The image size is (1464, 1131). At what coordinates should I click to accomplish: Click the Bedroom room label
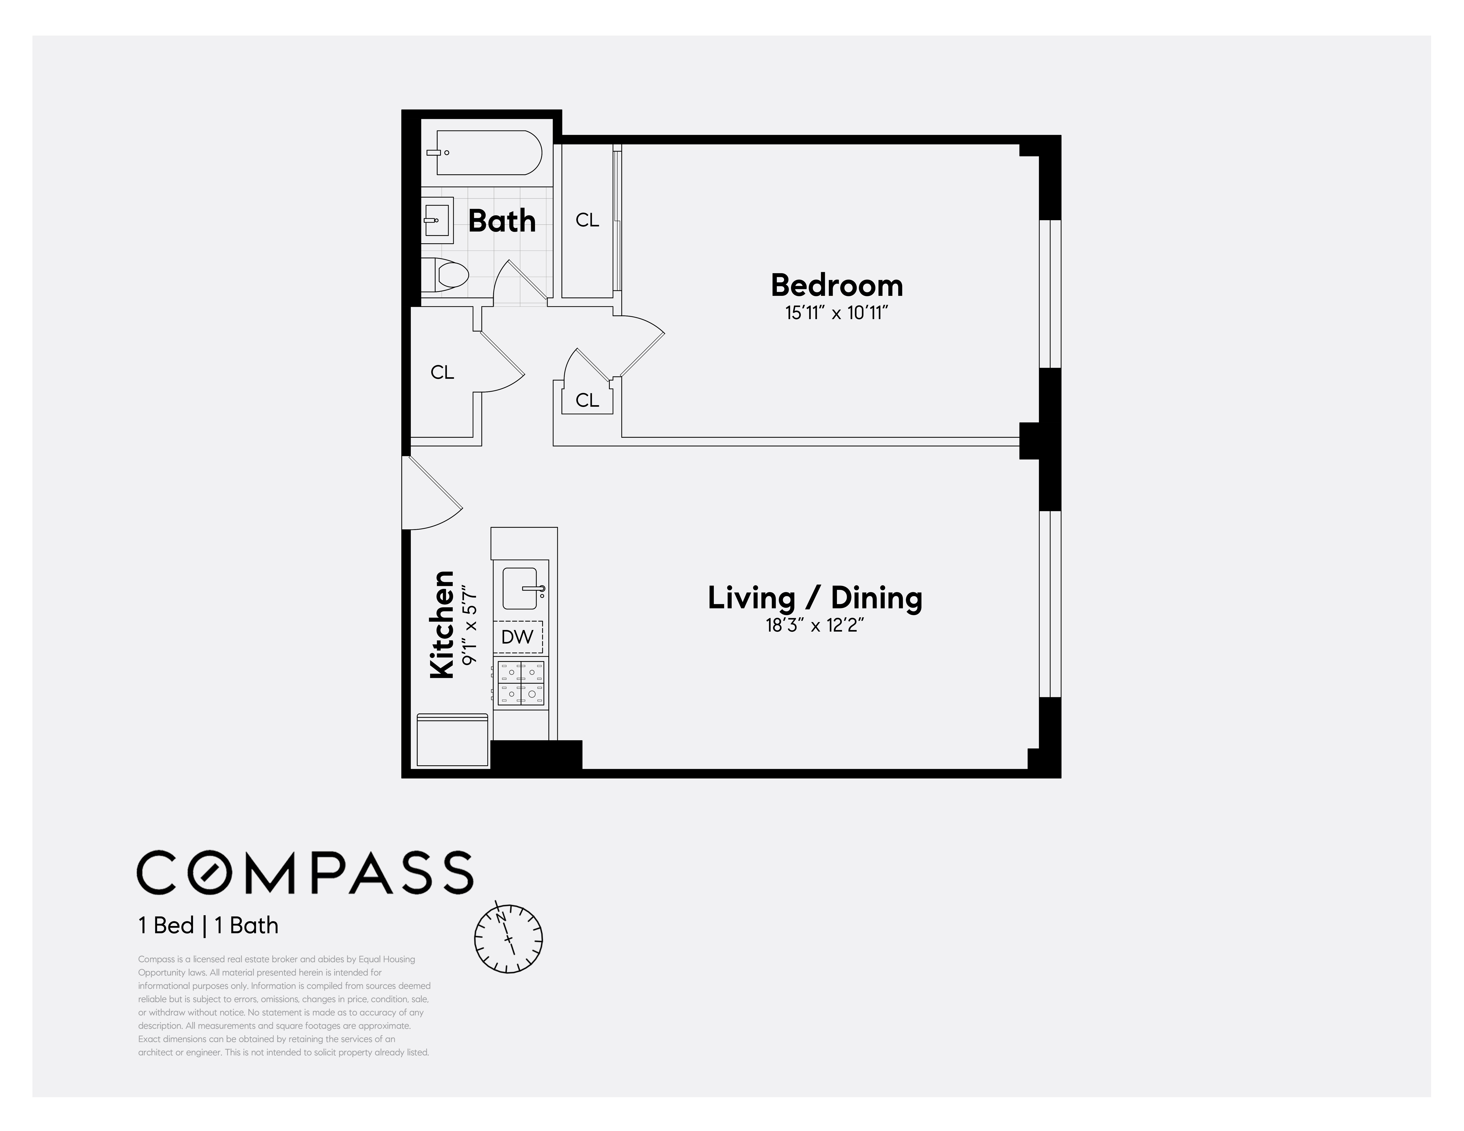tap(836, 285)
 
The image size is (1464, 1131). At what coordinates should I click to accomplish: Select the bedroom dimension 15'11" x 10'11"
tap(836, 313)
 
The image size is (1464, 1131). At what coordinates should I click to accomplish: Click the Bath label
tap(501, 220)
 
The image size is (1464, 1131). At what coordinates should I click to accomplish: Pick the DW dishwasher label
tap(518, 637)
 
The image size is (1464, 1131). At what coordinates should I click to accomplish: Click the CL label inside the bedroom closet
tap(587, 220)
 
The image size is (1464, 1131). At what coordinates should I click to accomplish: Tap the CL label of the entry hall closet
tap(443, 372)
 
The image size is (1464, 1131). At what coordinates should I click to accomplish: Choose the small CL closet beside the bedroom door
tap(587, 400)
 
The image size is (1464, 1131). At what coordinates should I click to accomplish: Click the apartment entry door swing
tap(429, 496)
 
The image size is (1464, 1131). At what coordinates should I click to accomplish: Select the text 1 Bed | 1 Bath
tap(208, 925)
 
